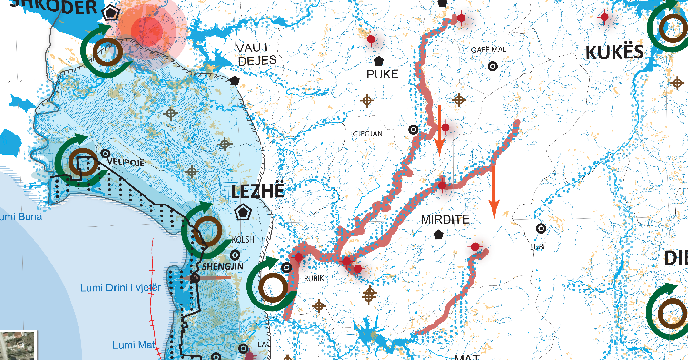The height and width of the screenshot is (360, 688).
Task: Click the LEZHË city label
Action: (x=258, y=191)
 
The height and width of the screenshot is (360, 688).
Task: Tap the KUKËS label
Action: (x=614, y=52)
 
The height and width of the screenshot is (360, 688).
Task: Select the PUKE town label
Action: (x=382, y=74)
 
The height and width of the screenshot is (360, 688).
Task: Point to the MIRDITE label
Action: (x=445, y=220)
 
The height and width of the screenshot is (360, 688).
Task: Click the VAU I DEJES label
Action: (x=256, y=54)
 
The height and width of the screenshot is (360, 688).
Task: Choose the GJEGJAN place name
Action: (x=368, y=134)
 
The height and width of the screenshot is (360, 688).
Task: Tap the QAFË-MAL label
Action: (x=488, y=49)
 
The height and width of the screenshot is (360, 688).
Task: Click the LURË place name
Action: (x=538, y=247)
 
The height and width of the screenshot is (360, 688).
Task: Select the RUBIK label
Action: (x=313, y=278)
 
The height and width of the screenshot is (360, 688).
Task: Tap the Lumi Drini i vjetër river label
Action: (x=121, y=288)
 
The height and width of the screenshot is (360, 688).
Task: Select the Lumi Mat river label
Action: (x=131, y=345)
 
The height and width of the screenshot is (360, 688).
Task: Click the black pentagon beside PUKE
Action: (x=379, y=61)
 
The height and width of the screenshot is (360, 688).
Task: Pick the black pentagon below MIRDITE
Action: (x=439, y=234)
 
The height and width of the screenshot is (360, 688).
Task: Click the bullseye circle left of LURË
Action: (x=541, y=228)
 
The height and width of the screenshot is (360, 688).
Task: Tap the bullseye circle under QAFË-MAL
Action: (x=492, y=66)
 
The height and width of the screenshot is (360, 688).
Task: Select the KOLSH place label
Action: (x=243, y=239)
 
